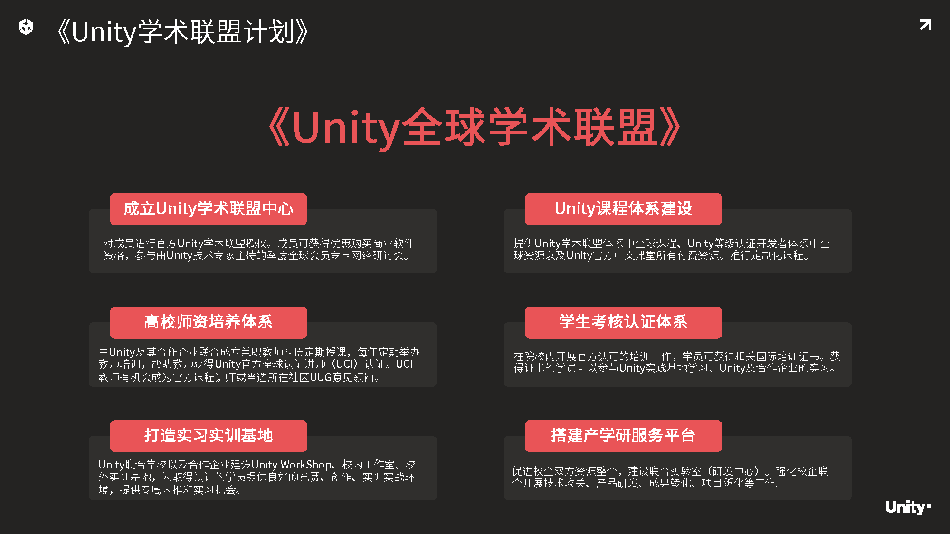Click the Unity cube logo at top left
click(x=26, y=27)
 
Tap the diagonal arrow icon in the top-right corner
click(x=925, y=25)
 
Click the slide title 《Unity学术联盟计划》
click(x=183, y=32)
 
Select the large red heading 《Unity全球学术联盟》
click(x=475, y=127)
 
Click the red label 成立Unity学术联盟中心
click(x=209, y=209)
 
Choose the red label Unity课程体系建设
click(x=623, y=209)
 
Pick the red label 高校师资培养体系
click(x=209, y=322)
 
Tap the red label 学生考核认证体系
click(x=623, y=322)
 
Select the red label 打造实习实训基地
click(x=209, y=436)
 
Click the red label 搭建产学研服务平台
click(x=623, y=436)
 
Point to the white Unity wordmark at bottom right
click(x=908, y=507)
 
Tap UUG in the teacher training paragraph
click(x=321, y=377)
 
